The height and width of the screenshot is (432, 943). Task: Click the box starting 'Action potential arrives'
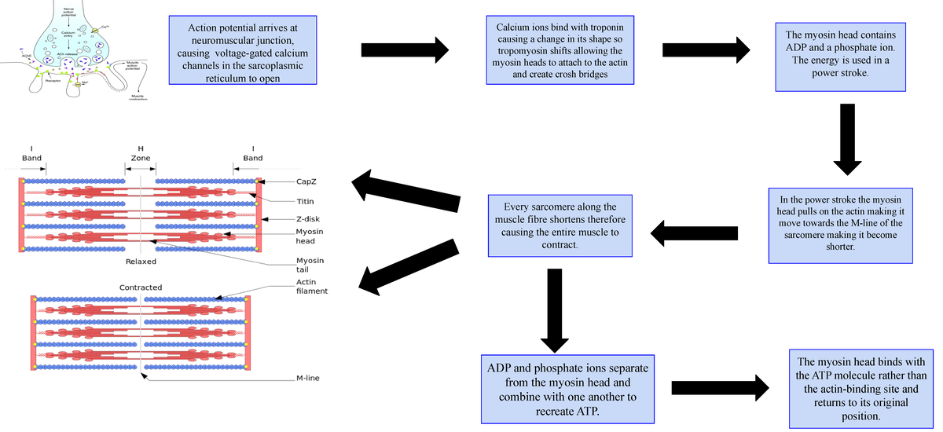(x=242, y=49)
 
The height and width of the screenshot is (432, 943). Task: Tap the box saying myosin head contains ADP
(x=840, y=54)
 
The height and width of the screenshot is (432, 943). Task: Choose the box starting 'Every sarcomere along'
(x=560, y=225)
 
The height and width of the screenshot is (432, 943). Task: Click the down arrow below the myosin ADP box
(x=847, y=138)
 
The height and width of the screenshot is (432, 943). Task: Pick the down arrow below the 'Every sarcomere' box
(x=554, y=309)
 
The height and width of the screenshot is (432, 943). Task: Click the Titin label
(x=306, y=201)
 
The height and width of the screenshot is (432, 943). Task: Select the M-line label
(x=308, y=379)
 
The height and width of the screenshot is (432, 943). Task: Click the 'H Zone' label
(x=141, y=153)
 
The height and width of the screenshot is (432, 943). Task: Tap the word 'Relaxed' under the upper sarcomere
(x=141, y=261)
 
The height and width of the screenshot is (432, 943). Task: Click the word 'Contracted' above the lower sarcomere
(x=141, y=287)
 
